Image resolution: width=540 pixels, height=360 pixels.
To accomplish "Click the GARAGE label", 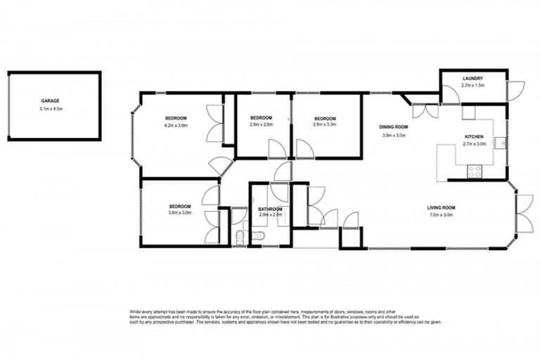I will [x=50, y=101].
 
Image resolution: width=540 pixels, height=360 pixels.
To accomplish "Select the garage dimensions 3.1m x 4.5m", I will [x=51, y=109].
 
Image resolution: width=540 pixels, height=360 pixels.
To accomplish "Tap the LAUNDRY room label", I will [x=472, y=78].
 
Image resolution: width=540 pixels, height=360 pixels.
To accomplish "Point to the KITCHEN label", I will [x=474, y=136].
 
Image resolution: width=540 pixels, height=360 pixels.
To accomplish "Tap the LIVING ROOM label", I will [x=442, y=207].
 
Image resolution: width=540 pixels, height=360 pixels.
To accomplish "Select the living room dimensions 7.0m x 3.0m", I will [x=442, y=215].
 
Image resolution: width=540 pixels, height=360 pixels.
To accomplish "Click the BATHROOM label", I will [x=270, y=209].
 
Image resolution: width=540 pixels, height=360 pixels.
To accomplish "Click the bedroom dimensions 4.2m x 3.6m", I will [x=176, y=125].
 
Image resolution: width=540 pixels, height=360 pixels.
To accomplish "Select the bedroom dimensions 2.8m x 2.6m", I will [x=261, y=124].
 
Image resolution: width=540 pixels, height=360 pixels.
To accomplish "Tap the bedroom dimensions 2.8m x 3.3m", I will [x=325, y=124].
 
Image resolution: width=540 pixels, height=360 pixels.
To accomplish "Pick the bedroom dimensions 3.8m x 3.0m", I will [x=180, y=212].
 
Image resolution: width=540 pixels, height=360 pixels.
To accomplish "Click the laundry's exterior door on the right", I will [x=515, y=90].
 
